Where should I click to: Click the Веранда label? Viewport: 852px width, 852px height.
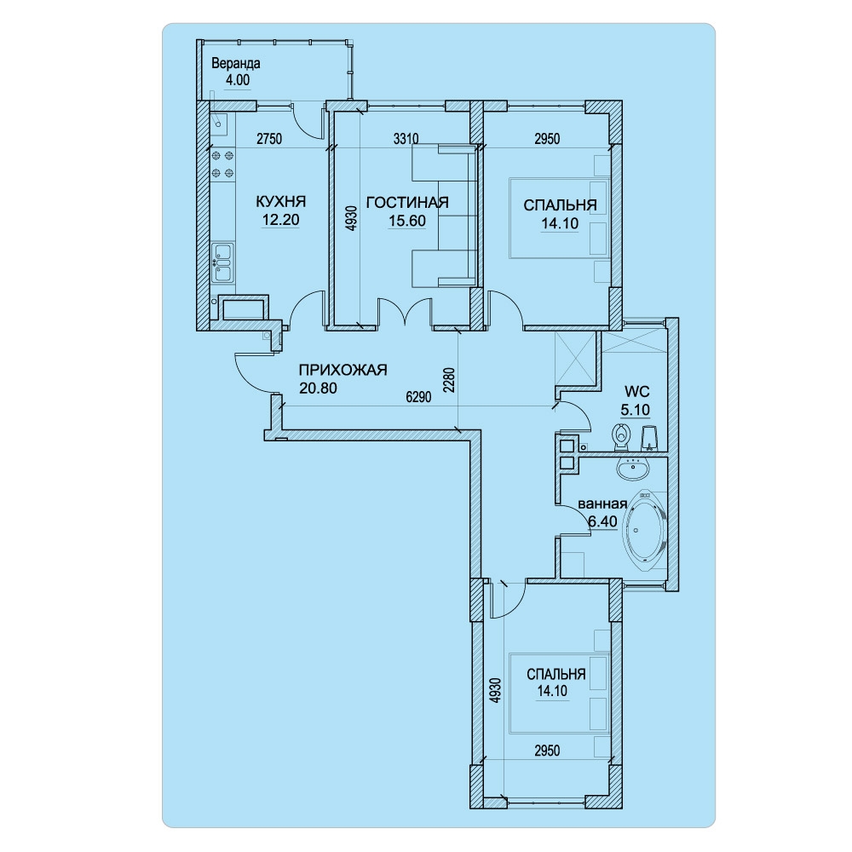point(236,64)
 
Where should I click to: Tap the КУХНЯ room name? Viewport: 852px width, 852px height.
point(281,202)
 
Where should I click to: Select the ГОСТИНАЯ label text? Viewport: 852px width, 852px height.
point(407,203)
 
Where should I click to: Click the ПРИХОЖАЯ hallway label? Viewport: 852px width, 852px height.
point(343,370)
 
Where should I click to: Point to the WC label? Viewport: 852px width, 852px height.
point(636,391)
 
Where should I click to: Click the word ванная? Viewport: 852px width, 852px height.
point(602,504)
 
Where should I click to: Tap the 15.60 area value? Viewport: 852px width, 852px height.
point(407,222)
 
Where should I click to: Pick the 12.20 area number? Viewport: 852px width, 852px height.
point(281,220)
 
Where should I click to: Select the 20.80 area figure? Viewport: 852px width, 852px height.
point(318,388)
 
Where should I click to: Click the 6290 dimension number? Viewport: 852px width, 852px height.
point(418,397)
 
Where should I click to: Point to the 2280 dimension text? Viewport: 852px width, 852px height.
point(449,380)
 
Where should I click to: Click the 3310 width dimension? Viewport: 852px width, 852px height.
point(406,139)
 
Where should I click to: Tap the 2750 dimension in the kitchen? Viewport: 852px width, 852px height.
point(269,139)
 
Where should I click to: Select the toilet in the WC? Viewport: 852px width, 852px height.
point(621,437)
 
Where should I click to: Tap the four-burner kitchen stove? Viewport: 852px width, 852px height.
point(222,164)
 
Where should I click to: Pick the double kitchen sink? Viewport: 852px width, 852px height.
point(222,262)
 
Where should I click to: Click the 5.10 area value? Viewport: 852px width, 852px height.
point(636,410)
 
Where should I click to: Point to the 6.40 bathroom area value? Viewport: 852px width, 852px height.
point(603,521)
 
